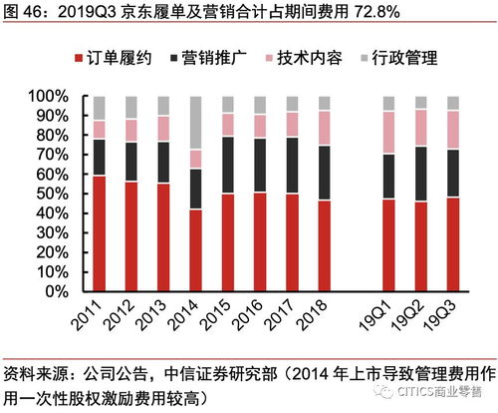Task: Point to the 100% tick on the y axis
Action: tap(49, 97)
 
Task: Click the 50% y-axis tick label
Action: tap(53, 194)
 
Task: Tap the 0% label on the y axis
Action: tap(58, 290)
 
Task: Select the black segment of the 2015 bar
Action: tap(227, 165)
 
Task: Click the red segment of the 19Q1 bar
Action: tap(389, 244)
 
